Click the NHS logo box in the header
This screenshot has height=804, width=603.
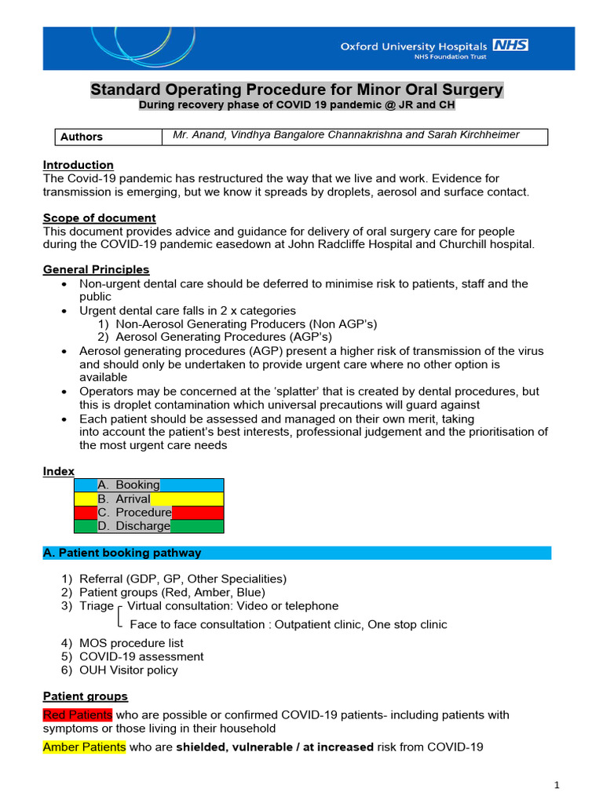(510, 45)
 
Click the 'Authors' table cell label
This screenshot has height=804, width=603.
(82, 137)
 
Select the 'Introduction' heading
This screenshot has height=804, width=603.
(78, 165)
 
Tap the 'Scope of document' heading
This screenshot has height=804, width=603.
(99, 217)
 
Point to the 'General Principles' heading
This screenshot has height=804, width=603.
(96, 270)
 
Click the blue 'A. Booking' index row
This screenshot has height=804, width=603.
(148, 485)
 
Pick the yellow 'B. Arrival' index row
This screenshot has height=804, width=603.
(148, 499)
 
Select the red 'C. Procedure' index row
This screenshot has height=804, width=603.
(148, 513)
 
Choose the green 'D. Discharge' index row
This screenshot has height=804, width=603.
(148, 526)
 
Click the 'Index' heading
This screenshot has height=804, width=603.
(58, 471)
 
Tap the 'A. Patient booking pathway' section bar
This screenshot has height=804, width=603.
(296, 553)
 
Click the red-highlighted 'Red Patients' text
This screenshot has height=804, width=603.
(78, 714)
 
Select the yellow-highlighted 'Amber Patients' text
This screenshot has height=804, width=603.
(83, 747)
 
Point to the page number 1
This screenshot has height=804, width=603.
(556, 784)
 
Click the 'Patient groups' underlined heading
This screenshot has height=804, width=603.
(85, 696)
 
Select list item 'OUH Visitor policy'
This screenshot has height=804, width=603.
(128, 670)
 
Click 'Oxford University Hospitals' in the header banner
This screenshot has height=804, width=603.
(414, 46)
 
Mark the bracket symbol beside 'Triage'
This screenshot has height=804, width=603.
(119, 616)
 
